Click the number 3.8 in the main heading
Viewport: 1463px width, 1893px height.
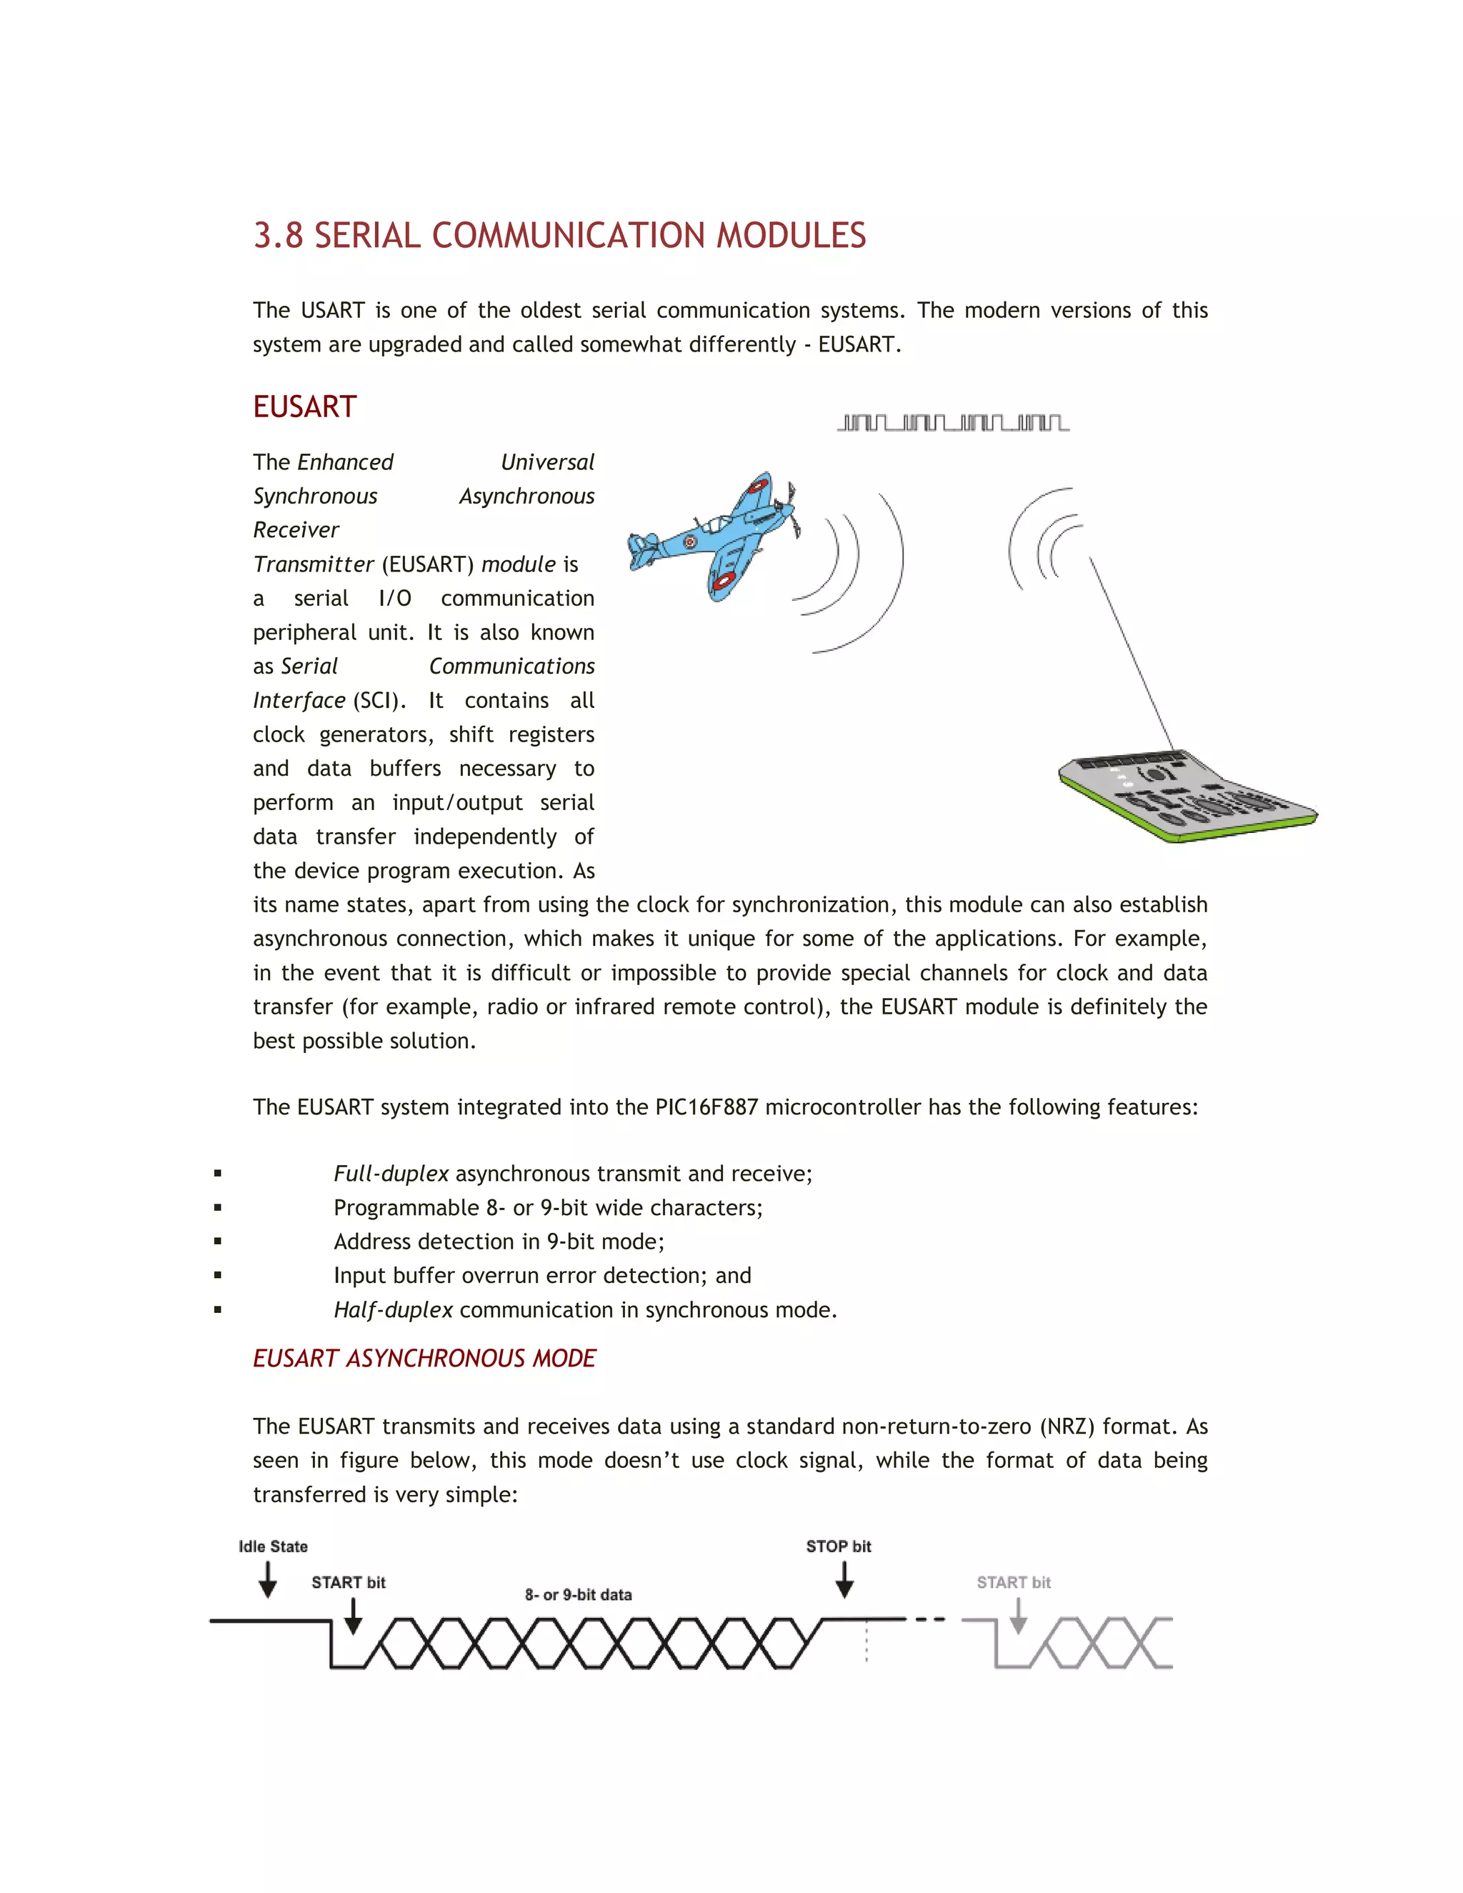(x=277, y=236)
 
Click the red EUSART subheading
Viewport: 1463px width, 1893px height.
(x=304, y=406)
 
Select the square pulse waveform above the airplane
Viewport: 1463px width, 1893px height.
(x=952, y=423)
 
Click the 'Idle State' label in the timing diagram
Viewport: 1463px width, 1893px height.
(x=273, y=1547)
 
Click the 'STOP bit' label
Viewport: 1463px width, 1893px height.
(x=838, y=1547)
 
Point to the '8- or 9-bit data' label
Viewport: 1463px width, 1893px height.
(x=578, y=1595)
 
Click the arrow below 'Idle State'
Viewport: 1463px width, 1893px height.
(x=268, y=1579)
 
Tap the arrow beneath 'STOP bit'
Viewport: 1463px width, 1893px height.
(x=844, y=1579)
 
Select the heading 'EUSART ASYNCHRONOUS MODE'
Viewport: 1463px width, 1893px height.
(x=424, y=1358)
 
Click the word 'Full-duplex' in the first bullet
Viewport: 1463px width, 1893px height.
(x=391, y=1174)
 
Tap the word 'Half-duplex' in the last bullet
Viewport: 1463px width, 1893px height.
(x=393, y=1309)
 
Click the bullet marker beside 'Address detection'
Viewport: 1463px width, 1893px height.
(x=218, y=1242)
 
